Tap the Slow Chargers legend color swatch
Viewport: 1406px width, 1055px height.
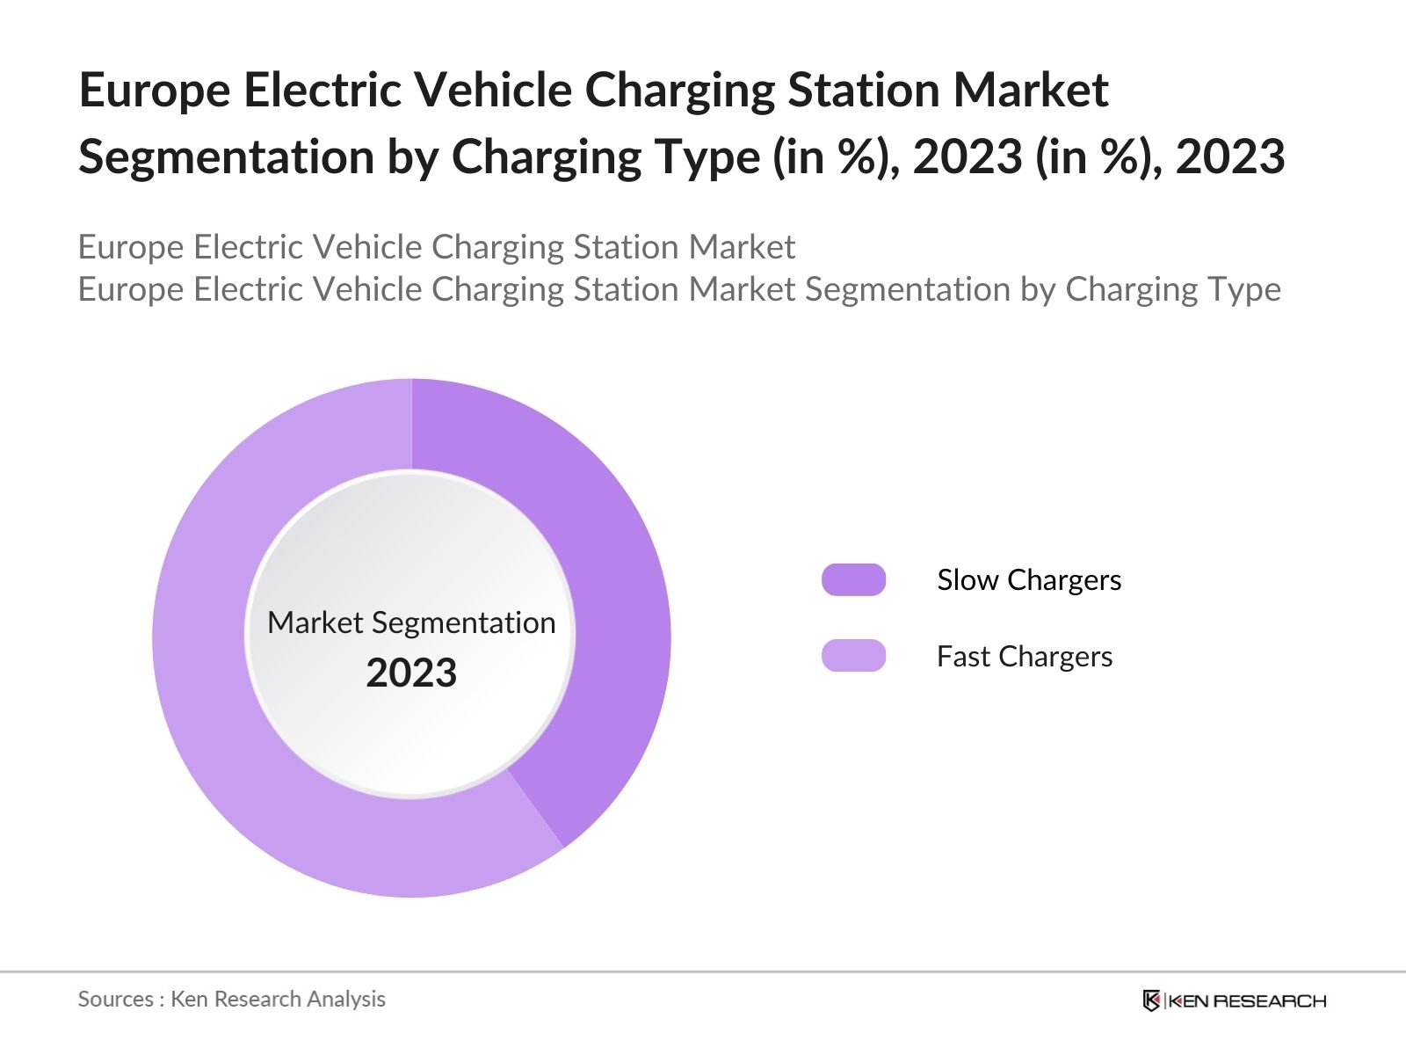pos(853,580)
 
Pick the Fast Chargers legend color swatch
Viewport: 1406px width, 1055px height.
pos(853,656)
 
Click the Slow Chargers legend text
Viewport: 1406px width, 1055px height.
pos(1028,580)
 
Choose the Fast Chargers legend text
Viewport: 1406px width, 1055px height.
pos(1024,657)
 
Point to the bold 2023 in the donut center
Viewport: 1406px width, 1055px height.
pos(411,673)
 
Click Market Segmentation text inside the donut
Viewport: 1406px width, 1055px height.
pos(411,622)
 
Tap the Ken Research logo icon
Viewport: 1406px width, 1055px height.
pos(1151,1000)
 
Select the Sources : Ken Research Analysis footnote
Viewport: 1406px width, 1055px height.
pos(231,999)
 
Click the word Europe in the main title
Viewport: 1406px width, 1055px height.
pos(154,91)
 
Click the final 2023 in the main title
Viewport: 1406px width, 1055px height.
pos(1230,157)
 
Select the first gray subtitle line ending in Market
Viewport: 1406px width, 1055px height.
pos(436,247)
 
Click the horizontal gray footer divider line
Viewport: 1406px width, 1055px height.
pos(703,971)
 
